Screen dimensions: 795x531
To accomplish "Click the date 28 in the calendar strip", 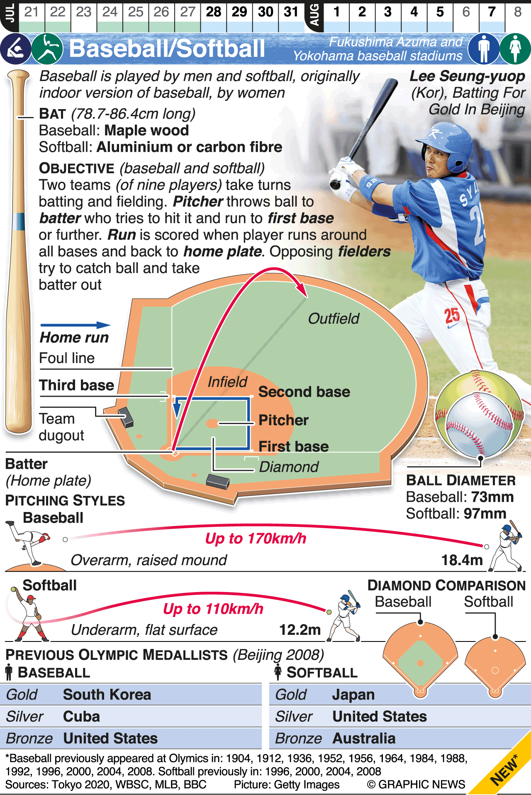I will (214, 12).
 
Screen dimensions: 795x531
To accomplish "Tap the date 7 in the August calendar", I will (492, 12).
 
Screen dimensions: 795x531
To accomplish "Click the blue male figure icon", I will (483, 49).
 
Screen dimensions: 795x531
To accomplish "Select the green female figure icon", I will (515, 49).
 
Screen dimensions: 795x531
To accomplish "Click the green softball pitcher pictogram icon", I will (47, 49).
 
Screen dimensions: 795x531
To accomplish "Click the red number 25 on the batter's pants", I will (452, 316).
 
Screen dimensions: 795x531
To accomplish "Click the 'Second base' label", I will (304, 392).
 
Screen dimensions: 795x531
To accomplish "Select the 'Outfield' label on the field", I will (334, 319).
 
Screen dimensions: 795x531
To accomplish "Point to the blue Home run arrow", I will (75, 325).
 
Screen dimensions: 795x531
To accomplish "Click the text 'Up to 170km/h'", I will (256, 539).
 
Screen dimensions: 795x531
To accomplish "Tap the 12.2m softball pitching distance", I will (300, 630).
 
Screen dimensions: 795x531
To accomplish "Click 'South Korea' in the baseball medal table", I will (107, 695).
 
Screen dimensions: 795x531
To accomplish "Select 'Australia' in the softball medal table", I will (364, 739).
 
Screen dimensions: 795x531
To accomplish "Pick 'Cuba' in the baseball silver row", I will (81, 717).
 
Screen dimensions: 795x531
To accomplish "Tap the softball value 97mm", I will (485, 514).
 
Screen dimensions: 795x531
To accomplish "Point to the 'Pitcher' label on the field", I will (283, 420).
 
